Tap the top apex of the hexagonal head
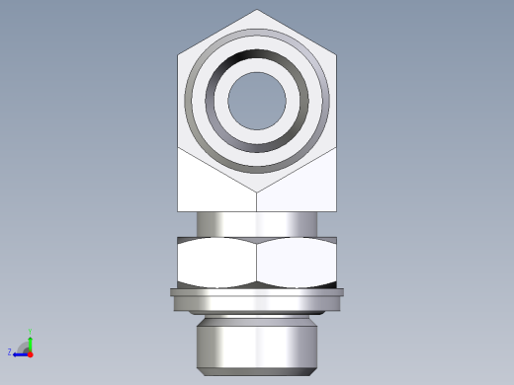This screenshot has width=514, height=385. point(257,11)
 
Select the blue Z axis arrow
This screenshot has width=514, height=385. point(20,352)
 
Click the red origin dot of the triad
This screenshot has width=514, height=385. point(31,352)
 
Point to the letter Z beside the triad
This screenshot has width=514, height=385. point(10,352)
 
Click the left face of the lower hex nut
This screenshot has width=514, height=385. point(216,264)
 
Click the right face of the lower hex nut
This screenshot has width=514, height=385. point(298,264)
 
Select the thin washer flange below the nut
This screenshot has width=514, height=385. point(257,292)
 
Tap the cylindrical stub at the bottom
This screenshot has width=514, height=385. point(257,341)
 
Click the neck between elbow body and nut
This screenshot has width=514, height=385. point(257,224)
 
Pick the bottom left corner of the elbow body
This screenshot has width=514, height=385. point(179,210)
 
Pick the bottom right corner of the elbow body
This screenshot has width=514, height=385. point(335,210)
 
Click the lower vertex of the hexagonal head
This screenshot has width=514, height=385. point(257,192)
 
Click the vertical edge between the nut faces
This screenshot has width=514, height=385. point(257,264)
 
